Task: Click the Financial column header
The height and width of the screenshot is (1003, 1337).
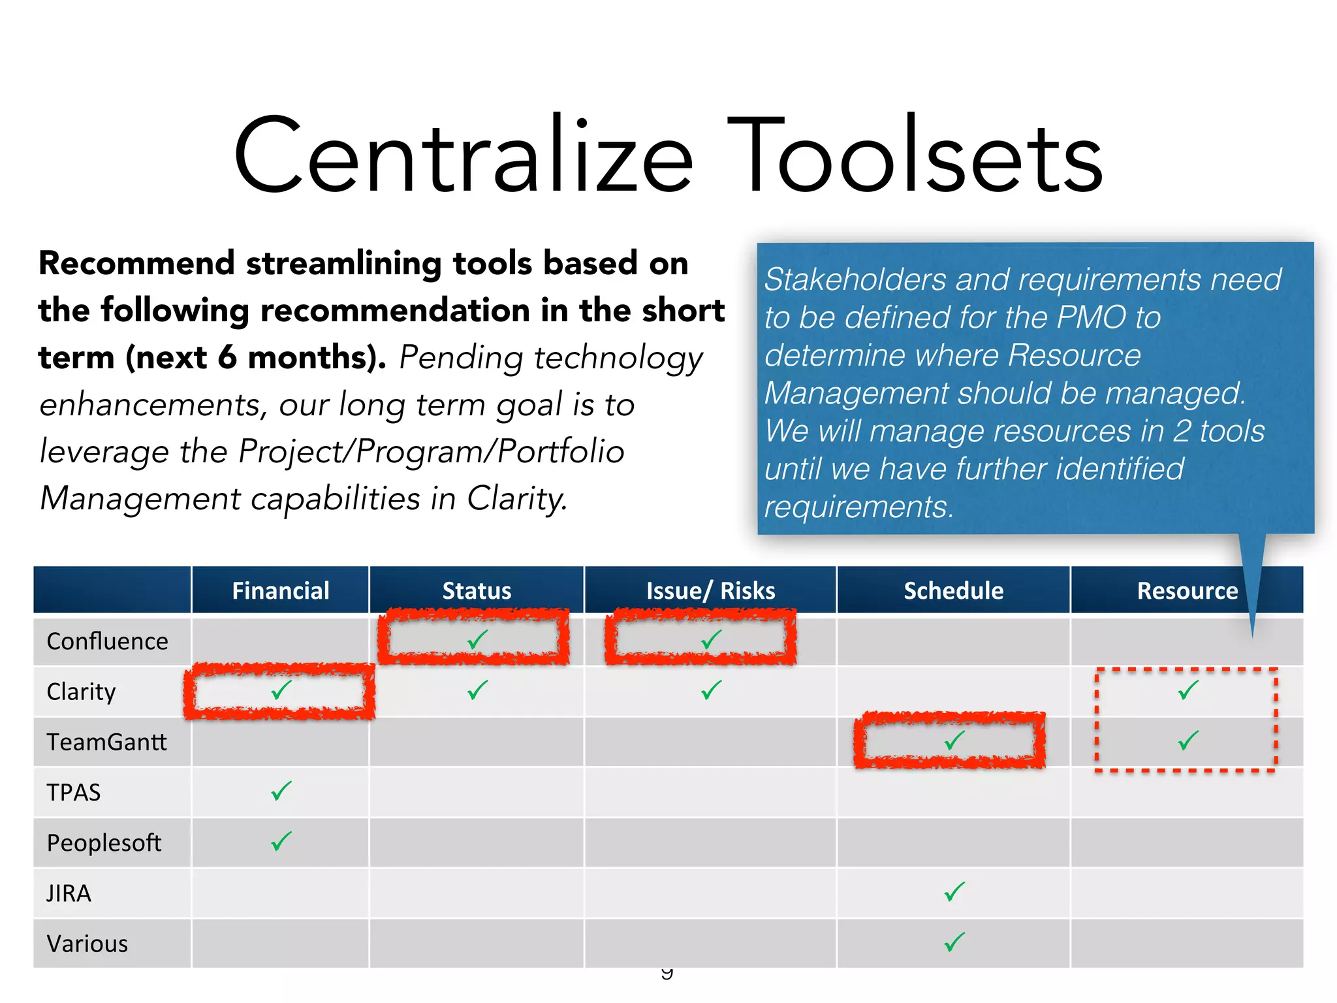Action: pyautogui.click(x=281, y=591)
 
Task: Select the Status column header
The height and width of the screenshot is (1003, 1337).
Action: pyautogui.click(x=477, y=591)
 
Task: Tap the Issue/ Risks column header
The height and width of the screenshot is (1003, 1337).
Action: pyautogui.click(x=710, y=591)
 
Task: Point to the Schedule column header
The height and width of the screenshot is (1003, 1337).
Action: pyautogui.click(x=953, y=591)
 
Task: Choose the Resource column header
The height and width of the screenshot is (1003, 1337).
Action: pyautogui.click(x=1187, y=591)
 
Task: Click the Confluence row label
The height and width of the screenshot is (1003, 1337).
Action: pyautogui.click(x=108, y=641)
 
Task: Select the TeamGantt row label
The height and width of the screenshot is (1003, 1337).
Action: pyautogui.click(x=107, y=742)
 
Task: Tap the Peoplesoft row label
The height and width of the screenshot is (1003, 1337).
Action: pyautogui.click(x=104, y=843)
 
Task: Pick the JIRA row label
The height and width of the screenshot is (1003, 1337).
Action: pyautogui.click(x=69, y=893)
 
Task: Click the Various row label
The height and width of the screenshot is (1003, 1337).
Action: pyautogui.click(x=87, y=944)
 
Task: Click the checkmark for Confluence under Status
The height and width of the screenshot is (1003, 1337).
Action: pyautogui.click(x=478, y=639)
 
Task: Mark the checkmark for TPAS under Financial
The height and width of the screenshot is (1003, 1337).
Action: pyautogui.click(x=281, y=791)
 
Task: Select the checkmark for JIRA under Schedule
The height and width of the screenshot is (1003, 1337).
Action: pyautogui.click(x=954, y=891)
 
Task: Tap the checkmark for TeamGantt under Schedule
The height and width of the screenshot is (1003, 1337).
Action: pyautogui.click(x=954, y=740)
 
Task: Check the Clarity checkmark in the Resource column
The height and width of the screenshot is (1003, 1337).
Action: pyautogui.click(x=1188, y=690)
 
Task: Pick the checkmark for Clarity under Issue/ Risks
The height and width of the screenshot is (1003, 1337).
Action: pyautogui.click(x=712, y=690)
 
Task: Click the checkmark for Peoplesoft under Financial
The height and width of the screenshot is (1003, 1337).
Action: pyautogui.click(x=281, y=841)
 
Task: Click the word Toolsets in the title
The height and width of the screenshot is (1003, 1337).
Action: pyautogui.click(x=914, y=157)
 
